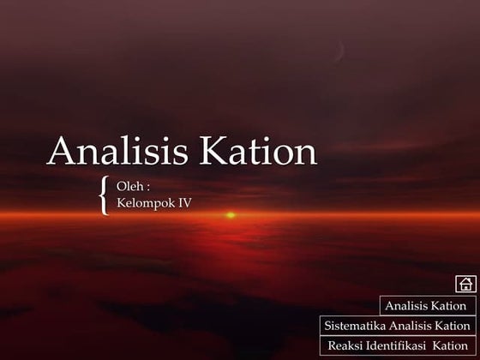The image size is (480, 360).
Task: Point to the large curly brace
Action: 104,195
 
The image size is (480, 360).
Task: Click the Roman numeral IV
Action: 183,204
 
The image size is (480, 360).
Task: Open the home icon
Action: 465,284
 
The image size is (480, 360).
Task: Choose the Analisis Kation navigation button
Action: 426,306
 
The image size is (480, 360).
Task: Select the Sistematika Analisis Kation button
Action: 398,326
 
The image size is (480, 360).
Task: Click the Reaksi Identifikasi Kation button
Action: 398,345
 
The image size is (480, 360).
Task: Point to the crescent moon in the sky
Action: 342,49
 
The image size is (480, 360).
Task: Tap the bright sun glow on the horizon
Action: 230,215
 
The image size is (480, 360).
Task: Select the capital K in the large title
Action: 213,153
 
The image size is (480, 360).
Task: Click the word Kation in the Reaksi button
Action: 452,345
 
